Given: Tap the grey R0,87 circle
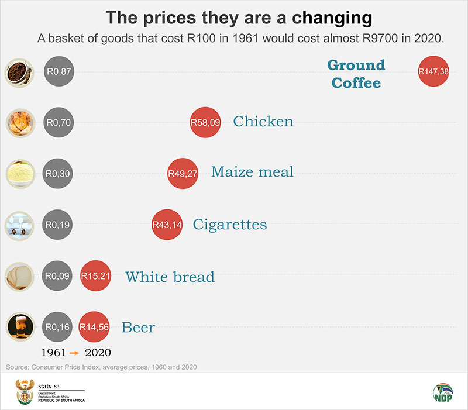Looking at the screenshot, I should click(x=58, y=71).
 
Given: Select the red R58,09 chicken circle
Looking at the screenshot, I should click(x=205, y=122).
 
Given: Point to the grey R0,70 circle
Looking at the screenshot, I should click(x=58, y=122).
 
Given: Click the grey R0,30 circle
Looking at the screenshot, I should click(x=58, y=174).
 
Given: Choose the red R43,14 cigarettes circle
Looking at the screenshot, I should click(x=167, y=225).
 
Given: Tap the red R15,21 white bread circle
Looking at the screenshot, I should click(x=95, y=275).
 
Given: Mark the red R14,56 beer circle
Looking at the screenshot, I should click(x=95, y=326).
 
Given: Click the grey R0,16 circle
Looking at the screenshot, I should click(x=58, y=326).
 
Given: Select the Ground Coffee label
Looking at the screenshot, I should click(x=356, y=74).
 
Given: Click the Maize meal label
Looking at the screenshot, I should click(x=252, y=172).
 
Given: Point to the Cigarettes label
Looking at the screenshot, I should click(x=230, y=224).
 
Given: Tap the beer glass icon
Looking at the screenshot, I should click(x=18, y=326).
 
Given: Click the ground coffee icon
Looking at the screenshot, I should click(x=18, y=71).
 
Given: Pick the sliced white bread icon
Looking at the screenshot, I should click(x=18, y=275).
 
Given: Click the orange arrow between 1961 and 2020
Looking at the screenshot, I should click(x=75, y=353).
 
